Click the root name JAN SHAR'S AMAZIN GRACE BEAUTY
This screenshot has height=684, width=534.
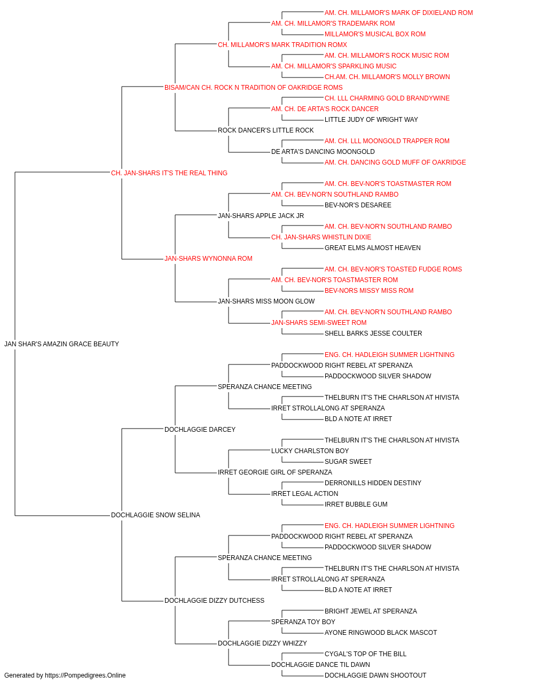coord(61,344)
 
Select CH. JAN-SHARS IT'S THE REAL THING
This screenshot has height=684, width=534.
coord(169,173)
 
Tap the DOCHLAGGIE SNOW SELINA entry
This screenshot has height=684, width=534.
coord(156,515)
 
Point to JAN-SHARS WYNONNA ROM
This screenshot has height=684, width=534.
coord(208,259)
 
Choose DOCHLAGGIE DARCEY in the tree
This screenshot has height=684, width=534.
coord(200,429)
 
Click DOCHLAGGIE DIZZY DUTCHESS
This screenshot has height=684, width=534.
coord(215,601)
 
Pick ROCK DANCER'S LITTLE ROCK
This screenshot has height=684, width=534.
coord(266,130)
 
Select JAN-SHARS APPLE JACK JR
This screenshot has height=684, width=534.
coord(261,215)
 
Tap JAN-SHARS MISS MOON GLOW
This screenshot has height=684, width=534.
coord(266,301)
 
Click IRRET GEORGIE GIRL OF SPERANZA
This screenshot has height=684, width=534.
coord(275,472)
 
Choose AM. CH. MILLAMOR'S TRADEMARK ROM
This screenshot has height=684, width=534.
coord(333,24)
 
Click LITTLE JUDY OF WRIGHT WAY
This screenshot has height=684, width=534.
coord(372,120)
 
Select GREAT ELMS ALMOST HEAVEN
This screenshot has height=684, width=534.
coord(373,248)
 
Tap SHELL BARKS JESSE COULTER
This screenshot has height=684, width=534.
coord(373,333)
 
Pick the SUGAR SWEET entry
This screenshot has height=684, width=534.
coord(348,462)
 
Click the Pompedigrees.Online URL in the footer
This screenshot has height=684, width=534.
coord(85,675)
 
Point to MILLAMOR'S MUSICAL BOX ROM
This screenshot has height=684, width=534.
coord(375,34)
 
